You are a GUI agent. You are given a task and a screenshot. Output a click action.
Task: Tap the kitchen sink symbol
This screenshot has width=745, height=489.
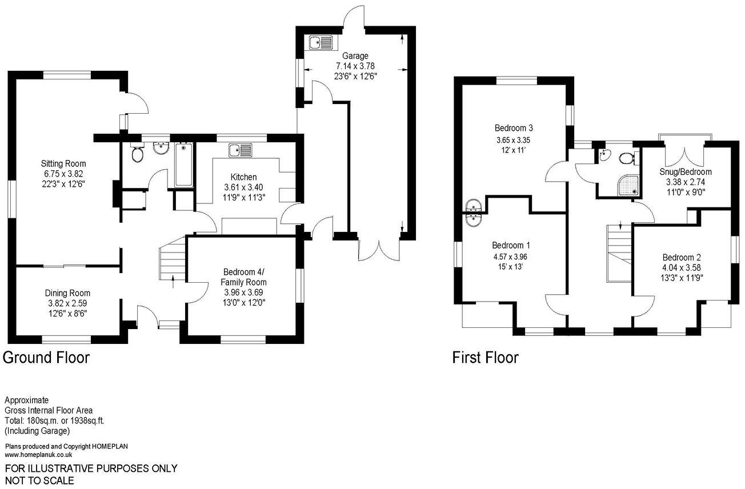coord(241,150)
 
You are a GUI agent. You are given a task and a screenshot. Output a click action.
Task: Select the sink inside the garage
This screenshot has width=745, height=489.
coord(321,42)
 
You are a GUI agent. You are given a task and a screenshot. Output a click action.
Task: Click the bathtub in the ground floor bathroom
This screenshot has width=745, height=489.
coord(184,165)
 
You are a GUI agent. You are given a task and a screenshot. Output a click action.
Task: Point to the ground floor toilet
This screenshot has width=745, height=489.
coord(137,153)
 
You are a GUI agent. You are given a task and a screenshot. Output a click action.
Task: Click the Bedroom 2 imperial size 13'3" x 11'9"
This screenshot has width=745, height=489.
coord(682,278)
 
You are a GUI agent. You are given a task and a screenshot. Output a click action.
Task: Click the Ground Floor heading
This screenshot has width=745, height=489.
coord(46,358)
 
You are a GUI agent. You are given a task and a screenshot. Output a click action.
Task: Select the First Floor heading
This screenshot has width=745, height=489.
coord(485,358)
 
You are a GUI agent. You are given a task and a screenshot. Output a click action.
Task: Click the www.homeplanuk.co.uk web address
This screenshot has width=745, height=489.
coord(38,455)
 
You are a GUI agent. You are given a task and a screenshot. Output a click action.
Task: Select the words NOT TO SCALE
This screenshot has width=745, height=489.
coord(39,480)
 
